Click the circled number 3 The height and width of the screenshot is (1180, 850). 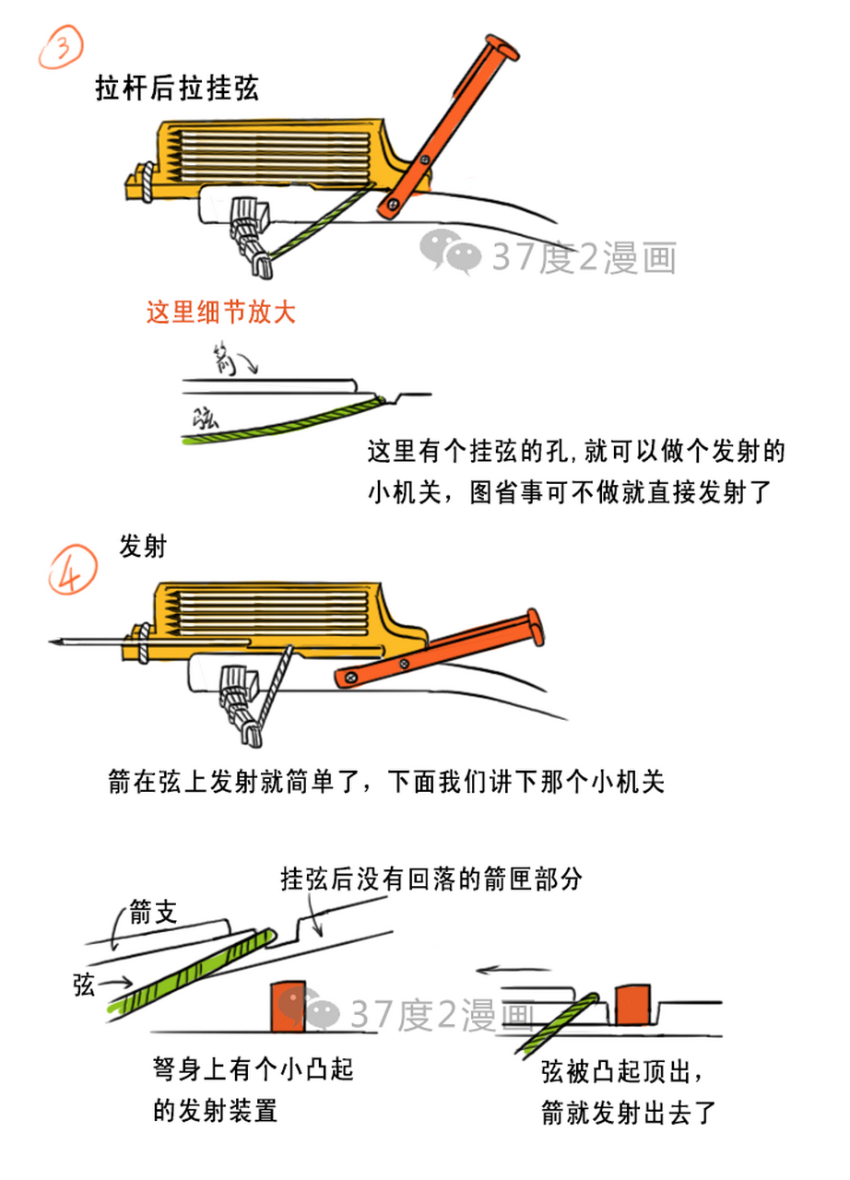pyautogui.click(x=61, y=46)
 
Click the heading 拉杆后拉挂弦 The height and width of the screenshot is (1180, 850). pyautogui.click(x=177, y=88)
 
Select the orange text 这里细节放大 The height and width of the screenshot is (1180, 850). pyautogui.click(x=221, y=312)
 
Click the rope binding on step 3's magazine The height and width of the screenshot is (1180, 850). pyautogui.click(x=146, y=181)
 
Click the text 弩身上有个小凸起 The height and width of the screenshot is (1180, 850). pyautogui.click(x=254, y=1071)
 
